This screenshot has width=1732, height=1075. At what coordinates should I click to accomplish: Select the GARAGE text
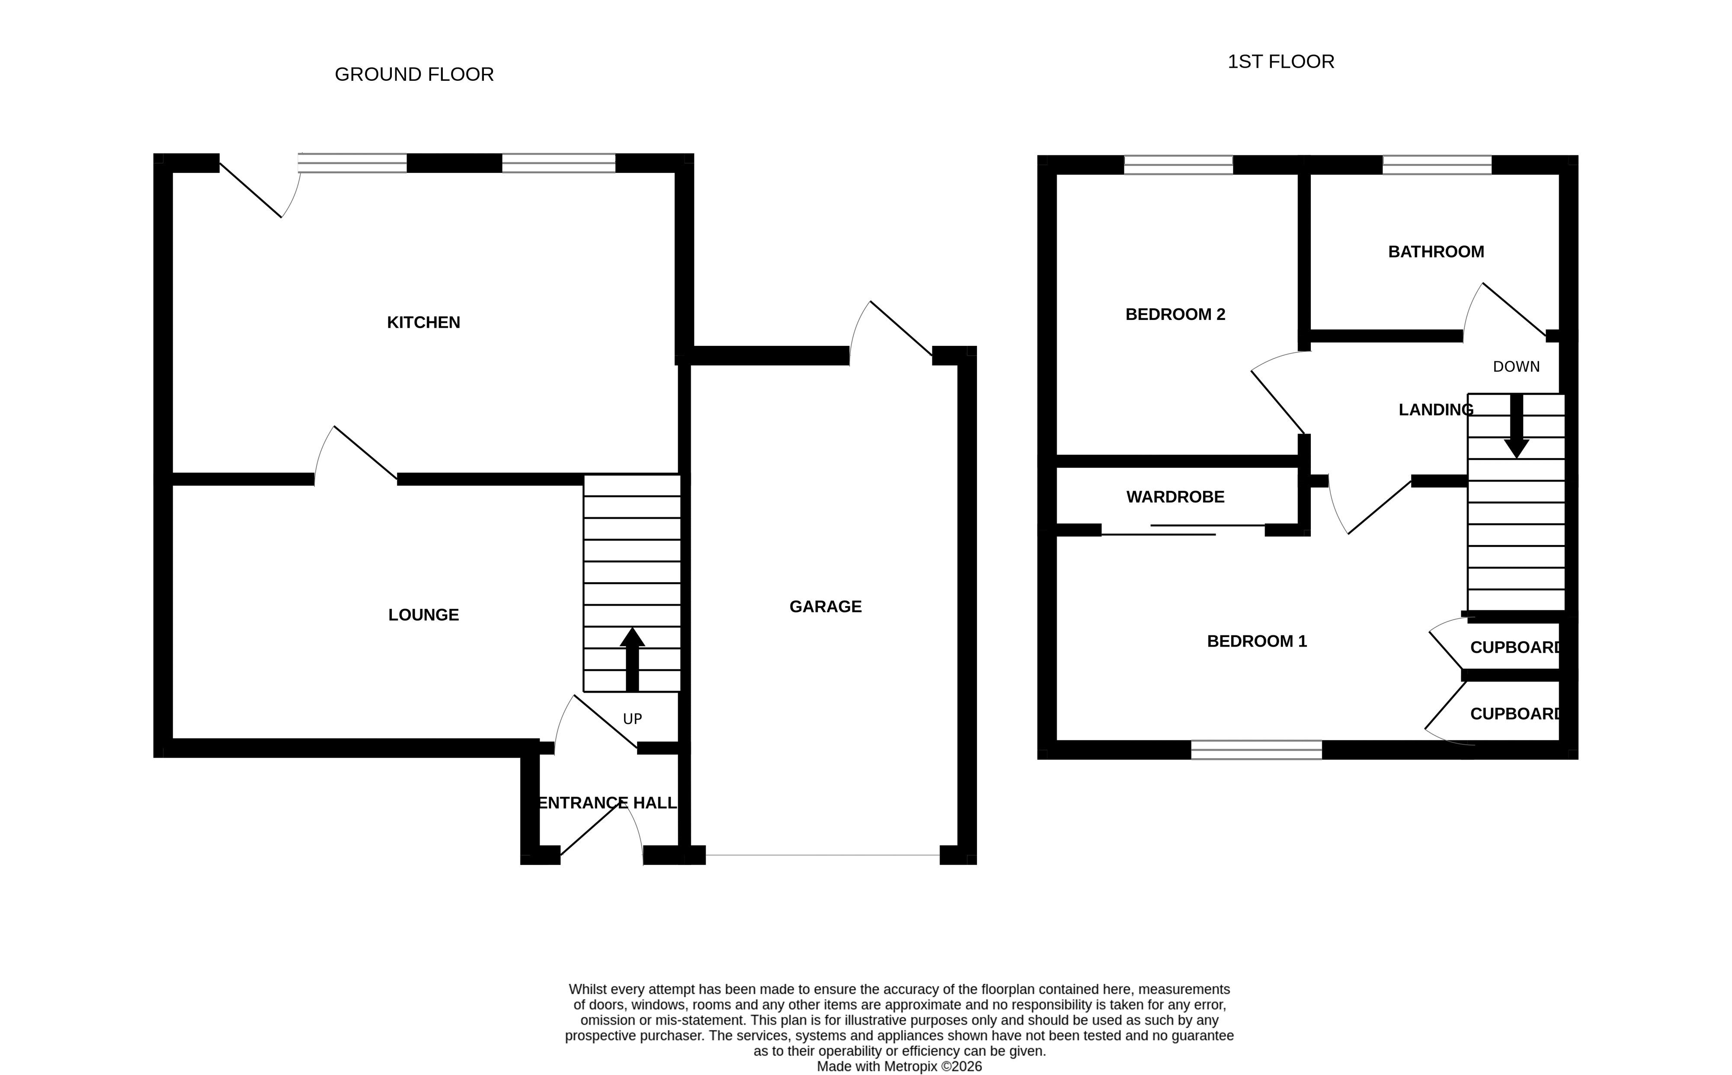pyautogui.click(x=825, y=606)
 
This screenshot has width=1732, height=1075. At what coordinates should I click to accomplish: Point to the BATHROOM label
pyautogui.click(x=1435, y=252)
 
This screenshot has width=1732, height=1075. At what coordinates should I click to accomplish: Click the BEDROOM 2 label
pyautogui.click(x=1175, y=314)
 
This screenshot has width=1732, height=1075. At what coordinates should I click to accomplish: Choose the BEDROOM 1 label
pyautogui.click(x=1257, y=641)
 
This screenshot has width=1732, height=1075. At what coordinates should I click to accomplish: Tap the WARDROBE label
pyautogui.click(x=1175, y=497)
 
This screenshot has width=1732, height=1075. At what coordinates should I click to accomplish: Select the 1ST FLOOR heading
pyautogui.click(x=1281, y=62)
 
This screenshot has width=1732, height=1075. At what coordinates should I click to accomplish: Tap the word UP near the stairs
pyautogui.click(x=632, y=719)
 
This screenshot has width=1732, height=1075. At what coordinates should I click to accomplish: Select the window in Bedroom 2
pyautogui.click(x=1178, y=165)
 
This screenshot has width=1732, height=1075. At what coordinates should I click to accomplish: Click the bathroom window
pyautogui.click(x=1437, y=165)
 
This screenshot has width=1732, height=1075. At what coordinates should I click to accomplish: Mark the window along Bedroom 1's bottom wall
pyautogui.click(x=1256, y=750)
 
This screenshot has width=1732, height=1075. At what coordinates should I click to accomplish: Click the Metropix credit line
pyautogui.click(x=899, y=1066)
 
